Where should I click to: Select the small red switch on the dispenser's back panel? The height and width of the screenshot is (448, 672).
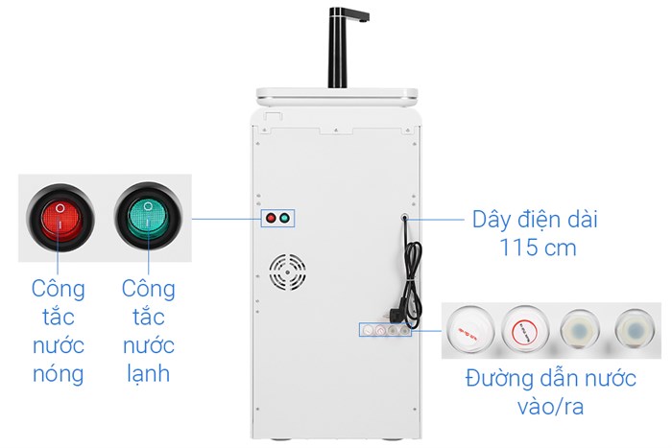(x=271, y=218)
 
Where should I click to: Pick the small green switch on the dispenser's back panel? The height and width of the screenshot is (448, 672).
(x=285, y=218)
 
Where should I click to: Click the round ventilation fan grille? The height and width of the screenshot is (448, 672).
(x=287, y=272)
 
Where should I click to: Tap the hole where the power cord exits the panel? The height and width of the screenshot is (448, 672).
(x=405, y=219)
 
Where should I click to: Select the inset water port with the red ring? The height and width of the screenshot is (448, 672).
(x=524, y=329)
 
